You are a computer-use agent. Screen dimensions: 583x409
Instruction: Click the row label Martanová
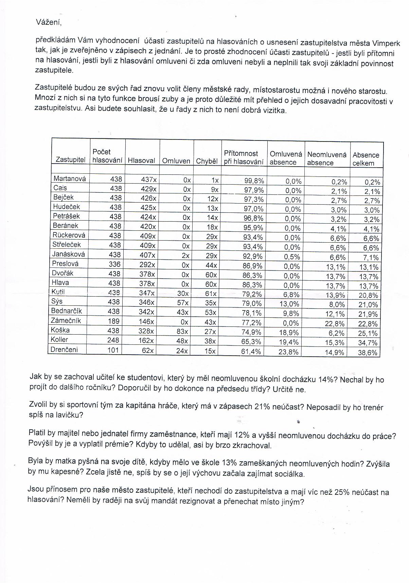pos(70,178)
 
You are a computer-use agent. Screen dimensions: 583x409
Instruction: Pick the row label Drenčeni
pos(64,349)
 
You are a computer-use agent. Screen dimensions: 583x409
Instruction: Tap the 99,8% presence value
pos(254,181)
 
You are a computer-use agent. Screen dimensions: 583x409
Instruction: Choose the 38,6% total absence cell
pos(368,353)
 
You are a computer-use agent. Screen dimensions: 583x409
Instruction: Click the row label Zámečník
pos(66,320)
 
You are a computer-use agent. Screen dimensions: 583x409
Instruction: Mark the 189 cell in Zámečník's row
pos(113,321)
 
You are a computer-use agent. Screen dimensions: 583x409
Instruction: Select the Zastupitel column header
pos(70,159)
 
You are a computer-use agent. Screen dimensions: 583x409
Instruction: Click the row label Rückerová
pos(69,235)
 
